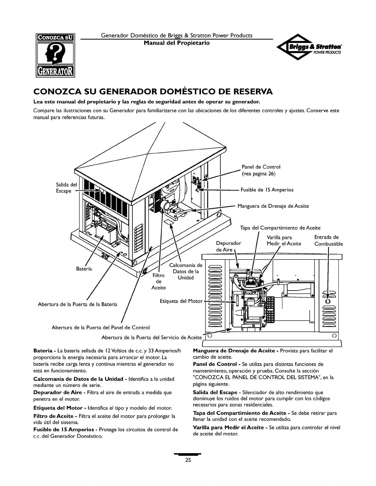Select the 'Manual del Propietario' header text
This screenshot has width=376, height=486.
[177, 43]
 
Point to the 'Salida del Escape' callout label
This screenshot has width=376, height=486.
[66, 188]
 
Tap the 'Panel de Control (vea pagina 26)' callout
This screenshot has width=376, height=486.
[261, 170]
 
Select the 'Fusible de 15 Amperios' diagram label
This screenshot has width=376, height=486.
[267, 190]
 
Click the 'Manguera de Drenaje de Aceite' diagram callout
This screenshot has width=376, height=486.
[273, 206]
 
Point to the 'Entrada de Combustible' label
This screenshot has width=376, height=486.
[328, 240]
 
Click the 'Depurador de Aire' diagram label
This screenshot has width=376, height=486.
[229, 246]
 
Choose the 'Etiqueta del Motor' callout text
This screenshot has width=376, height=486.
[181, 301]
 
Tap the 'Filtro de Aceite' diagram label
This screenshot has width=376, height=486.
[159, 281]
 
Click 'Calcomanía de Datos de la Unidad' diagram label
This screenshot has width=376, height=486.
[186, 272]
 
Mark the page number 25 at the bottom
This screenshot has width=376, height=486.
[188, 460]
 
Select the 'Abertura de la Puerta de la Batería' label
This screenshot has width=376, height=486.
[78, 304]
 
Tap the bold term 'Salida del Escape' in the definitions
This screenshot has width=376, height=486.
[215, 392]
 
